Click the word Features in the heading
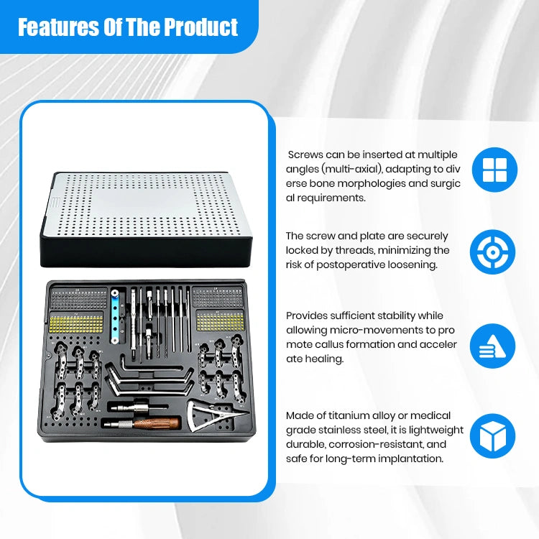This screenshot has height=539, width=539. click(58, 27)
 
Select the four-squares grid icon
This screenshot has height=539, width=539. click(494, 170)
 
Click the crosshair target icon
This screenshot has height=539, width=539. click(492, 252)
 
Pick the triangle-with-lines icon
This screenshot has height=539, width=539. click(492, 346)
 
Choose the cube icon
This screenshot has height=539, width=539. click(492, 436)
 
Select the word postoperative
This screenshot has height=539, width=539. click(351, 265)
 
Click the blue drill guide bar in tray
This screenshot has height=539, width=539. click(115, 317)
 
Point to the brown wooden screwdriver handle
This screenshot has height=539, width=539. click(157, 423)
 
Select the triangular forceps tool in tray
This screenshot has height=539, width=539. click(213, 415)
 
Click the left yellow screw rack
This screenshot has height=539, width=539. click(76, 323)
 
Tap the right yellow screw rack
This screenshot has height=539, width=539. click(221, 321)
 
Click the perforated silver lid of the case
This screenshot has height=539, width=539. click(146, 205)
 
